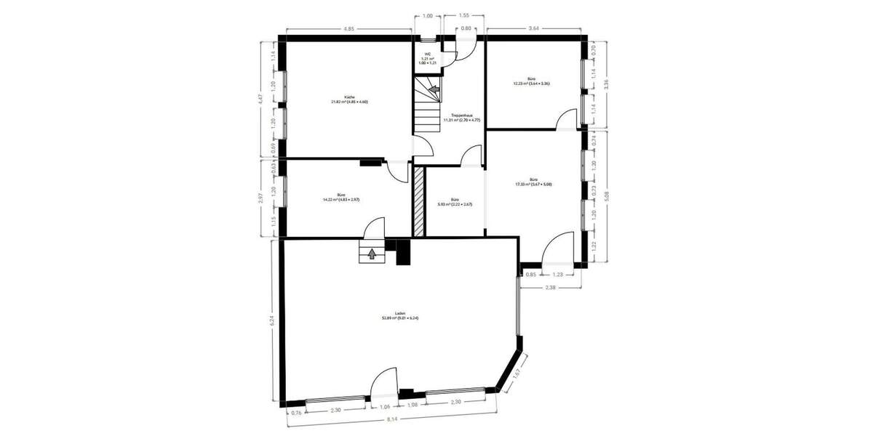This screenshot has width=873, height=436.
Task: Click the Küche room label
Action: click(350, 99)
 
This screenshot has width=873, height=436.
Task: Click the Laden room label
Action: click(400, 315)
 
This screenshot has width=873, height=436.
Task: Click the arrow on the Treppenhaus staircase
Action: click(434, 90)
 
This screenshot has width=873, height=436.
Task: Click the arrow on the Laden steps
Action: click(372, 254)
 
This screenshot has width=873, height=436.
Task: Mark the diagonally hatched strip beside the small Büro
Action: click(418, 201)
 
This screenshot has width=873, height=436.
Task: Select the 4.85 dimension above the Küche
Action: click(349, 29)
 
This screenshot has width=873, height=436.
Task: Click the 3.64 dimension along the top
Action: click(534, 29)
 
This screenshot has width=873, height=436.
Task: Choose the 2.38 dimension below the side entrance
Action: click(551, 288)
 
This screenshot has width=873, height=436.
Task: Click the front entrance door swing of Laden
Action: click(383, 382)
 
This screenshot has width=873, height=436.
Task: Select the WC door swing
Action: click(450, 59)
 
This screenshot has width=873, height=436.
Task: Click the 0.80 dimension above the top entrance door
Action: click(466, 29)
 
